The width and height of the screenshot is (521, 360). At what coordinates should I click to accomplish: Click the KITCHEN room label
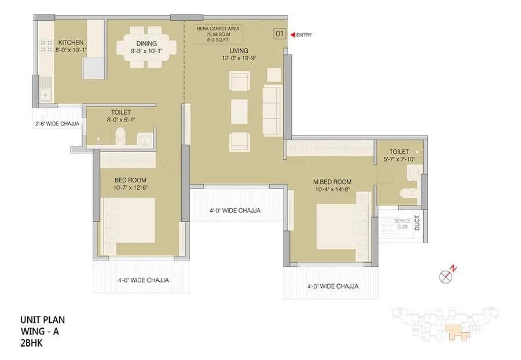71,43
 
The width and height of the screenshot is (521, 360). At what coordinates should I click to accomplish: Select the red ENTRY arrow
292,35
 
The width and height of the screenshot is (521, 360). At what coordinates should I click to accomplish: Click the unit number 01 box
279,34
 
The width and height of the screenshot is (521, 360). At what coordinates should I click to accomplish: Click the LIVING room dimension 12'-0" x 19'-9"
238,58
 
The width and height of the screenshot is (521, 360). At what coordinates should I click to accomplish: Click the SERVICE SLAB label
402,224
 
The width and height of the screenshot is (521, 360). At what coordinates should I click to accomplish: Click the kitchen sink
44,93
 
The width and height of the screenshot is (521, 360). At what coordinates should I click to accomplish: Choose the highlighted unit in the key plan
454,333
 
